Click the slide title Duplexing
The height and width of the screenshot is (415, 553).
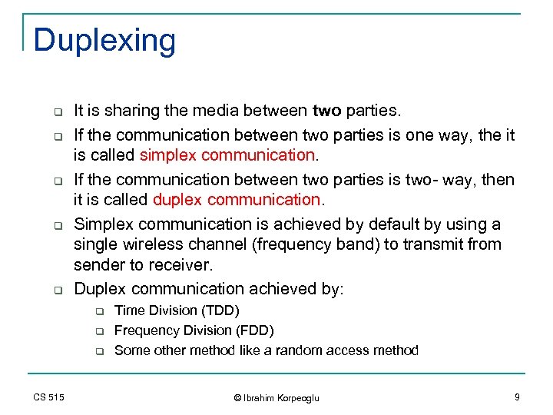[x=104, y=40]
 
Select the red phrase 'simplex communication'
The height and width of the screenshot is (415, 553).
[x=227, y=156]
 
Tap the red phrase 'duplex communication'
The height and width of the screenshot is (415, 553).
[x=237, y=201]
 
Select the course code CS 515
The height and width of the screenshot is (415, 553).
[x=49, y=397]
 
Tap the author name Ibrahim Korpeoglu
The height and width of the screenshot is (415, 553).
[x=282, y=397]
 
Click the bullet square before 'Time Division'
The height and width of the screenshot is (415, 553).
[x=99, y=311]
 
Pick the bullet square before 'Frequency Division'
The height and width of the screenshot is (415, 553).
[x=99, y=331]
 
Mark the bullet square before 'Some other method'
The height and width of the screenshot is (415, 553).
[x=99, y=351]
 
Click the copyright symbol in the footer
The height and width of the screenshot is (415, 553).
[x=238, y=397]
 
